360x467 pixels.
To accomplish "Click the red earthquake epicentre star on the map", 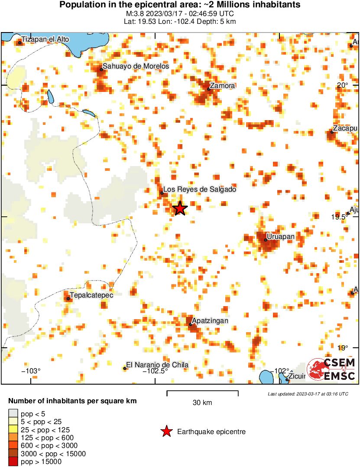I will tap(180, 209).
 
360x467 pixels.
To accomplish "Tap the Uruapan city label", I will tap(280, 236).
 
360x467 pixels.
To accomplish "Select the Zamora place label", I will tap(222, 85).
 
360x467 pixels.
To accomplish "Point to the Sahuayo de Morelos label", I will tap(136, 66).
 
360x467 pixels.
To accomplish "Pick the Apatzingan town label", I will tap(210, 320).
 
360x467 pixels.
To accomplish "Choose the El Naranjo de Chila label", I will tap(157, 365).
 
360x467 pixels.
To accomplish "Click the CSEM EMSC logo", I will tap(331, 369).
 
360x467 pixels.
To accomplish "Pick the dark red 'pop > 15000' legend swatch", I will tap(13, 462).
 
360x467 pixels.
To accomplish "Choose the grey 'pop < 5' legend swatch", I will tap(13, 414).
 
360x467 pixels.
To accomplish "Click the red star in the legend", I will tap(166, 431).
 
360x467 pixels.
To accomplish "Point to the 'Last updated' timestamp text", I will tap(308, 394).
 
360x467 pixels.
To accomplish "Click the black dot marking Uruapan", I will tap(265, 240).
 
